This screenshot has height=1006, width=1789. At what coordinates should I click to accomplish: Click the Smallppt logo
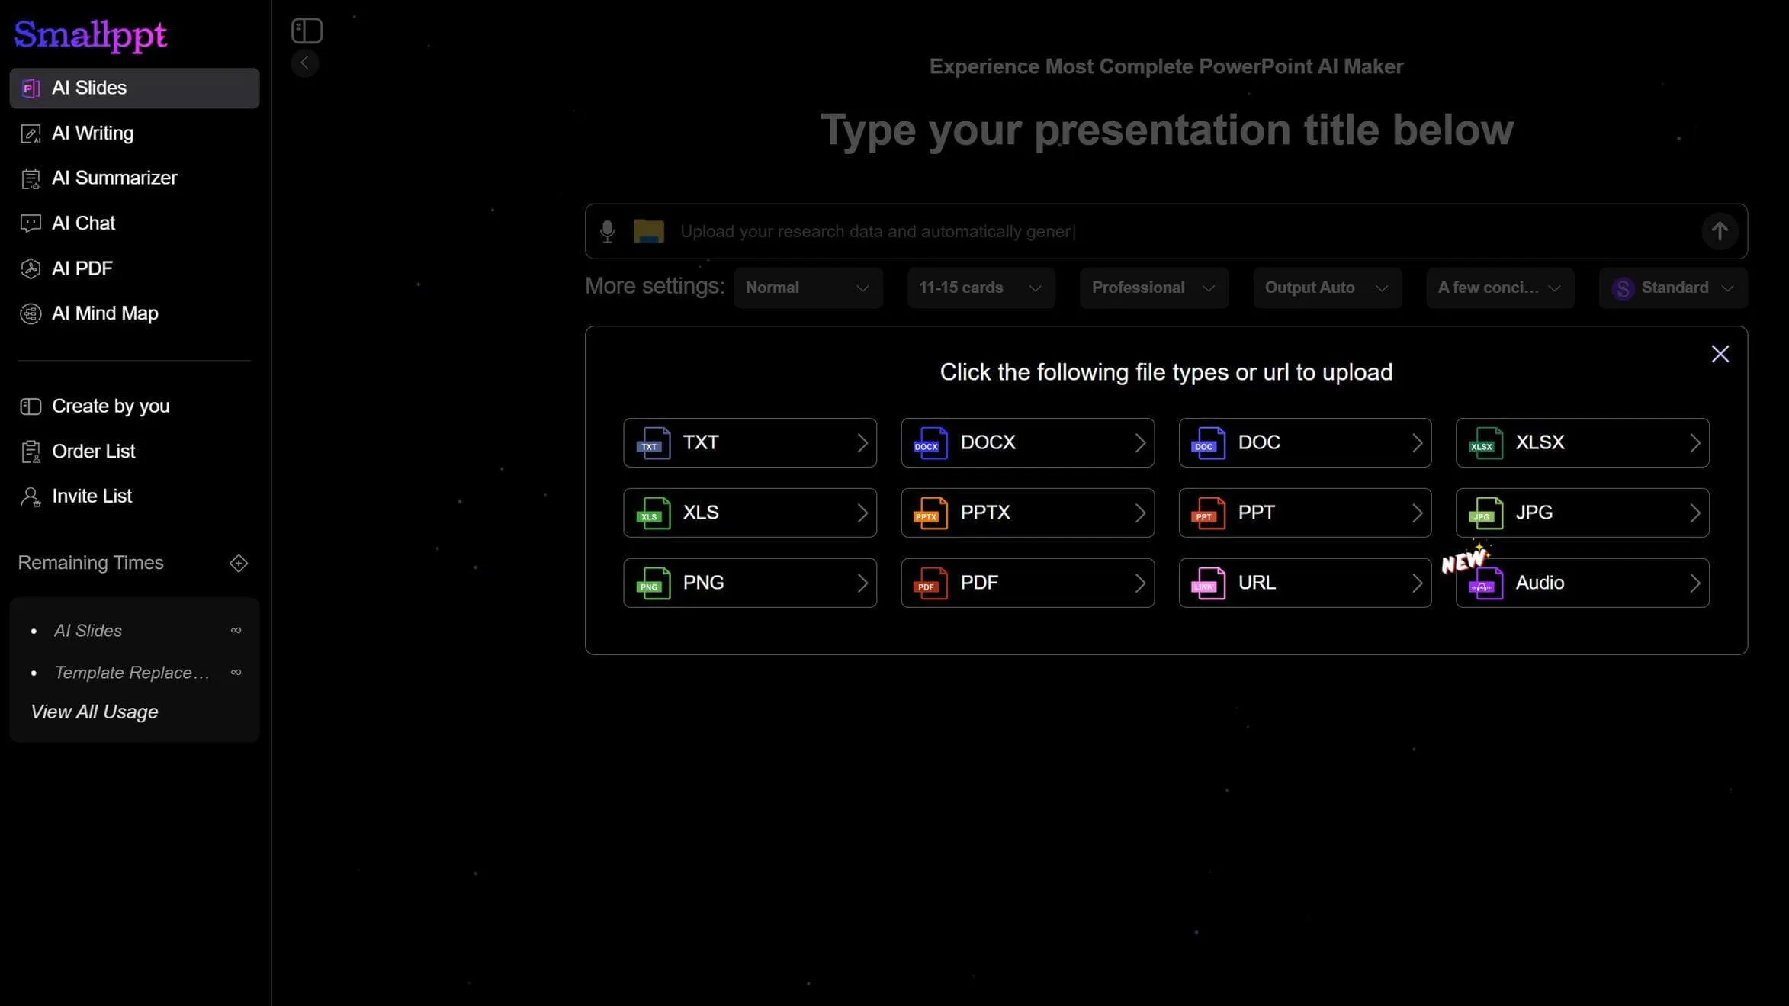pyautogui.click(x=90, y=34)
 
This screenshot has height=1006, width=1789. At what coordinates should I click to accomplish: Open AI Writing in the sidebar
pyautogui.click(x=92, y=133)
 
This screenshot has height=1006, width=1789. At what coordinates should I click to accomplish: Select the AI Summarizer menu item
pyautogui.click(x=114, y=178)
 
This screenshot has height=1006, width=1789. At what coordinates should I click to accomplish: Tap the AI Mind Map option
pyautogui.click(x=104, y=313)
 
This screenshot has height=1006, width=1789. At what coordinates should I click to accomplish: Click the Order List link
pyautogui.click(x=93, y=452)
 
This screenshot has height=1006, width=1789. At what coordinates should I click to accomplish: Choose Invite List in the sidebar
pyautogui.click(x=92, y=497)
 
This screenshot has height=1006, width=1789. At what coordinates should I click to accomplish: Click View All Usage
pyautogui.click(x=95, y=712)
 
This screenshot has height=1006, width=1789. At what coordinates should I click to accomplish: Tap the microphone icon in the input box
pyautogui.click(x=607, y=231)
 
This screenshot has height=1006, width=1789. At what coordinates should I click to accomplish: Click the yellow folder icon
pyautogui.click(x=648, y=231)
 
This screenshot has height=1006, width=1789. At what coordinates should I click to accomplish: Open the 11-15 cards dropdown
pyautogui.click(x=981, y=288)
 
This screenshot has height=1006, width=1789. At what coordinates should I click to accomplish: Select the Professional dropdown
pyautogui.click(x=1153, y=288)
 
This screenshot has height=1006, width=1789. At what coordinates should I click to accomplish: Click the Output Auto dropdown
pyautogui.click(x=1326, y=288)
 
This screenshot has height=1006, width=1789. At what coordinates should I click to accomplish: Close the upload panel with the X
pyautogui.click(x=1720, y=354)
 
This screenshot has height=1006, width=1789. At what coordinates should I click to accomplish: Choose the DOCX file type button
pyautogui.click(x=1026, y=443)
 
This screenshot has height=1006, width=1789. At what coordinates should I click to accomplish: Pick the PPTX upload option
pyautogui.click(x=1026, y=513)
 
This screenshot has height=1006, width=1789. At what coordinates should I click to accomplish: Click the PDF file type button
pyautogui.click(x=1026, y=583)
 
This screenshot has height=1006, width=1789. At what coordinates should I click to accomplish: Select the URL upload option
pyautogui.click(x=1304, y=583)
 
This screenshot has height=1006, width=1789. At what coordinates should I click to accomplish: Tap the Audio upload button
pyautogui.click(x=1582, y=583)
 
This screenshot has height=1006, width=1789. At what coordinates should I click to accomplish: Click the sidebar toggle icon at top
pyautogui.click(x=307, y=31)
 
